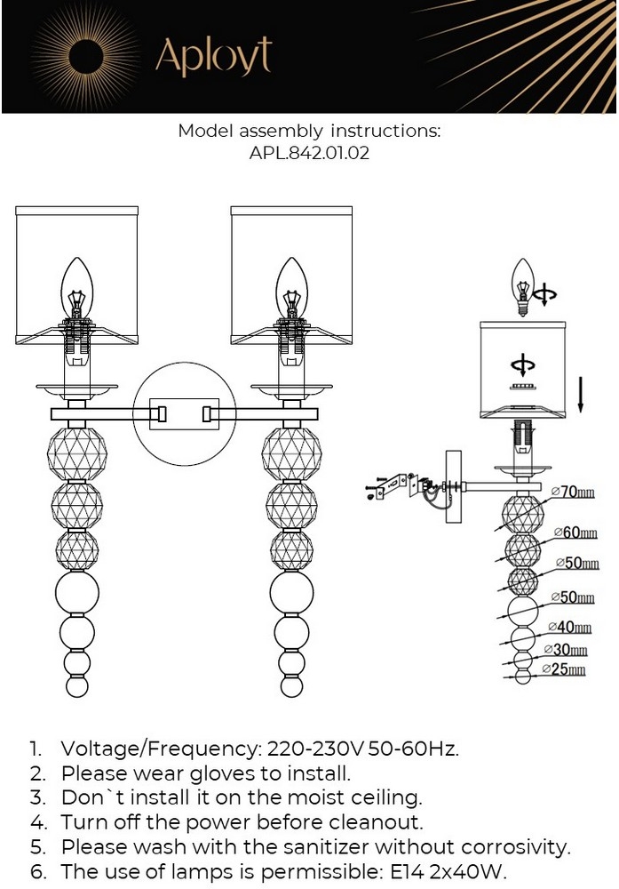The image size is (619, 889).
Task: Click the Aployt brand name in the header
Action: click(213, 57)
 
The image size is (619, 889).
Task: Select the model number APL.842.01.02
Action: click(309, 153)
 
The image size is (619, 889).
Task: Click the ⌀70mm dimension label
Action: click(573, 492)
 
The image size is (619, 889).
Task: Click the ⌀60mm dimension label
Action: click(574, 532)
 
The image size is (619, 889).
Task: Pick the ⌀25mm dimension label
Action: click(565, 669)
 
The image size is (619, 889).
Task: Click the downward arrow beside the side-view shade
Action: click(579, 392)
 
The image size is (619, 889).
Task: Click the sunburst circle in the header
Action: click(86, 57)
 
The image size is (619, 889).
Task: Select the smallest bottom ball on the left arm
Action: click(77, 687)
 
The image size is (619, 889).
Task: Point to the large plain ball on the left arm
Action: click(77, 591)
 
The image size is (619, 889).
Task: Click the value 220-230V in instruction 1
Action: click(305, 749)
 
